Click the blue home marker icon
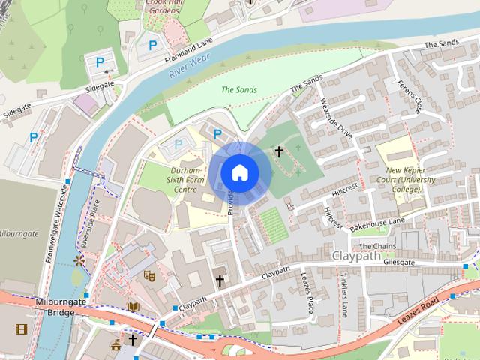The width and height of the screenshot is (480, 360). pyautogui.click(x=239, y=173)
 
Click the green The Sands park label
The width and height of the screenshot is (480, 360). pyautogui.click(x=239, y=90)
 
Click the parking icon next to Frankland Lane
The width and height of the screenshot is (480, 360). pyautogui.click(x=153, y=46)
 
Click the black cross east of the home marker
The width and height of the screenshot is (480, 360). pyautogui.click(x=279, y=152)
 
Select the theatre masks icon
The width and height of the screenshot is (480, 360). pyautogui.click(x=149, y=276)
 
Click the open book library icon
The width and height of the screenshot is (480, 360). pyautogui.click(x=133, y=306)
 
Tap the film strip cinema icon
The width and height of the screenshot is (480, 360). pyautogui.click(x=21, y=328)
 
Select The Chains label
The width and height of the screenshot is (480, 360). pyautogui.click(x=376, y=246)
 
